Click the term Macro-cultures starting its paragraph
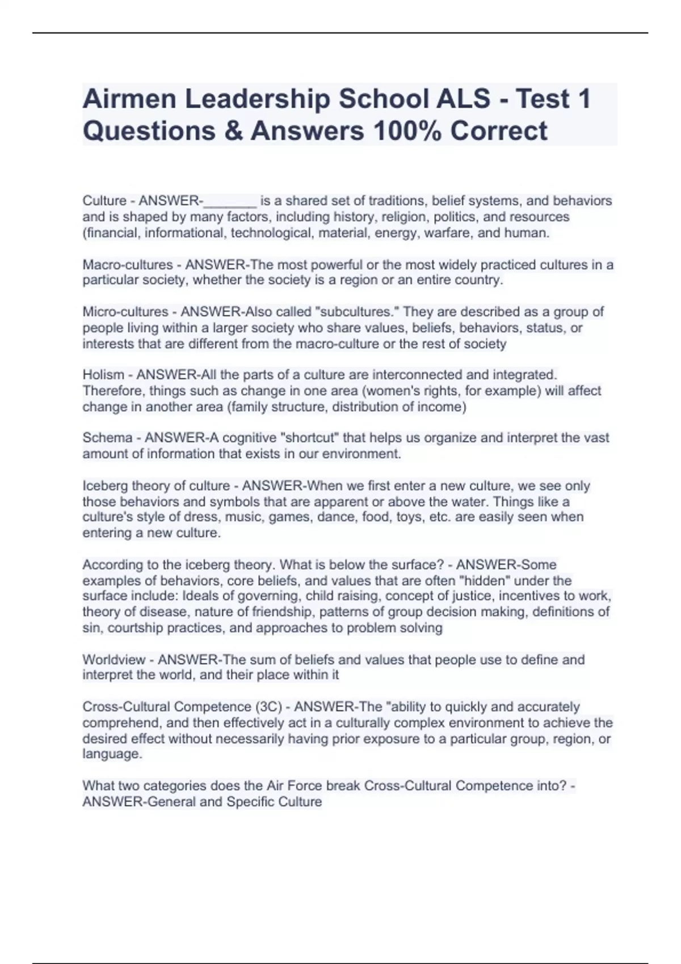pyautogui.click(x=128, y=265)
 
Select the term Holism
pyautogui.click(x=103, y=375)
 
